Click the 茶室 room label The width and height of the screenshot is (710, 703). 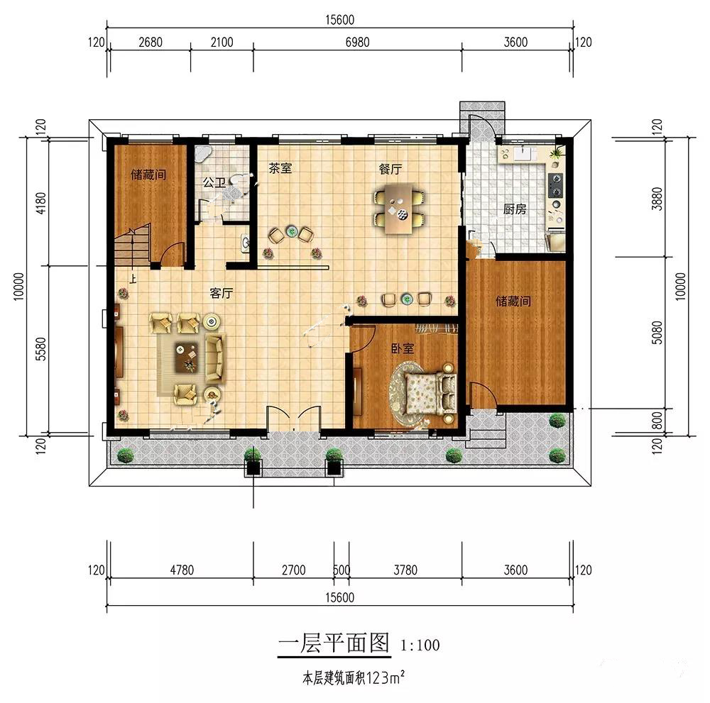(280, 168)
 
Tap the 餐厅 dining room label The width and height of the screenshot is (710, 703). (390, 169)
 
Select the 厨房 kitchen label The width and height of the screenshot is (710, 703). (515, 209)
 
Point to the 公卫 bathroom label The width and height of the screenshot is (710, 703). (214, 183)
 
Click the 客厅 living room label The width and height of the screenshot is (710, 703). (222, 293)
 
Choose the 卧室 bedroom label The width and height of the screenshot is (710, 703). (403, 348)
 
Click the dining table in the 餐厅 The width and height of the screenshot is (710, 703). (399, 209)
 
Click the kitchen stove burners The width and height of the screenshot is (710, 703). (556, 185)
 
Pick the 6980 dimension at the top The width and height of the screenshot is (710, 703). (357, 42)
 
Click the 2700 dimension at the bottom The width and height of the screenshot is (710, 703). (293, 570)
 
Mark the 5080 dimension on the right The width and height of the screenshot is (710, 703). (657, 333)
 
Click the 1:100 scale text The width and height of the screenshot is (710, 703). (420, 645)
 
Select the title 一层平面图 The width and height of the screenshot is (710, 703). (334, 643)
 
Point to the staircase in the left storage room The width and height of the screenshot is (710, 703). (132, 247)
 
